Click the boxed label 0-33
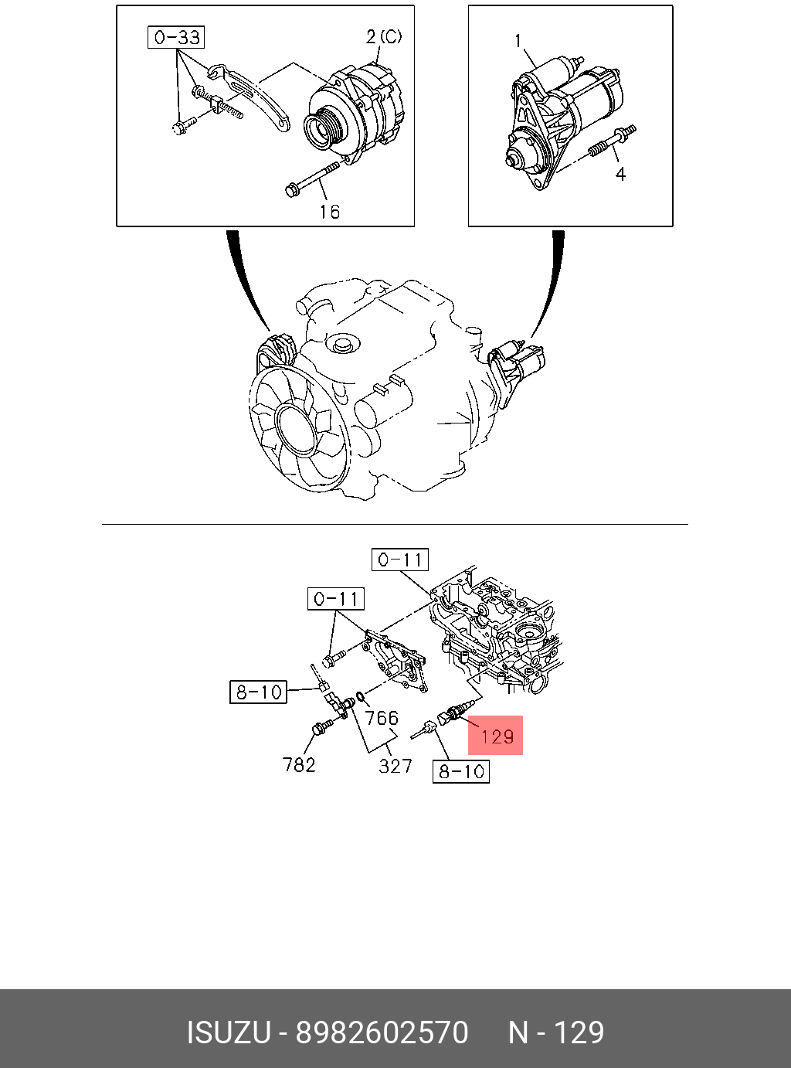175,38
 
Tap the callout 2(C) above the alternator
384,36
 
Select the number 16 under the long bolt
330,212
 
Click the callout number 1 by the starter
518,41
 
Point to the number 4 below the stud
621,174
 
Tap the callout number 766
382,718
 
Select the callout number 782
298,764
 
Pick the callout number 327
395,766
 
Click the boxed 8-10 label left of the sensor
258,692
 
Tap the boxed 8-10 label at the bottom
460,771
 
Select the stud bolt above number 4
612,141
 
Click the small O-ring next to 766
361,697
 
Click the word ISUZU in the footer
229,1032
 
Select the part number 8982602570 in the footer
382,1032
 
